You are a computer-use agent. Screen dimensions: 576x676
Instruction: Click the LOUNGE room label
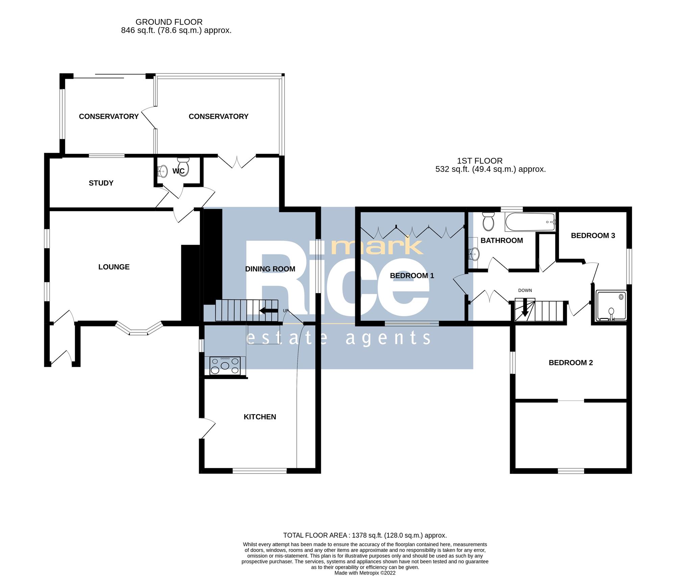coord(114,267)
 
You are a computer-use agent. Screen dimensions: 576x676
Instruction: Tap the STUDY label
coord(101,183)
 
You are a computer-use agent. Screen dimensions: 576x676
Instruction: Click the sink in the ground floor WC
coord(163,172)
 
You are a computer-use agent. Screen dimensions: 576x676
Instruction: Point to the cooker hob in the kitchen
coord(225,366)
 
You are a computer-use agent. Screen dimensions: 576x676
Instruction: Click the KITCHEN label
coord(260,417)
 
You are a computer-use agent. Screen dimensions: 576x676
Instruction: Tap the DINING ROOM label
coord(270,269)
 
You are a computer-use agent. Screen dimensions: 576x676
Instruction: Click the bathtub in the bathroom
coord(530,222)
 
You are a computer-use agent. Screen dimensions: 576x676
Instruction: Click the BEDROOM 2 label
coord(571,363)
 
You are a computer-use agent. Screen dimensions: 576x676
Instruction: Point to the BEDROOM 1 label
coord(412,276)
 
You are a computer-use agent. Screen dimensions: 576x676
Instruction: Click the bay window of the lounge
coord(139,330)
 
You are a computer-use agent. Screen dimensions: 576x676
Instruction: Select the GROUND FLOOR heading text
coord(169,22)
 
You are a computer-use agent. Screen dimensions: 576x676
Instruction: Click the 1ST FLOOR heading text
coord(480,161)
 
